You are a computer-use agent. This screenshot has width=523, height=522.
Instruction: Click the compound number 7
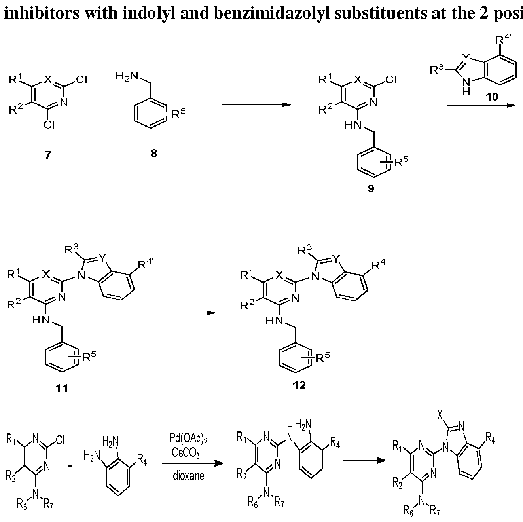(48, 155)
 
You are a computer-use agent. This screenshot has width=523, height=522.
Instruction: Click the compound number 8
(153, 154)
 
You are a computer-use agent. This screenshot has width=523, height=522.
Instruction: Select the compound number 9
(371, 188)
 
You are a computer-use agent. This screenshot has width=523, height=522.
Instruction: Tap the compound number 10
(492, 97)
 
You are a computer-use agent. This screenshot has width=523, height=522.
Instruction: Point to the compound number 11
(62, 388)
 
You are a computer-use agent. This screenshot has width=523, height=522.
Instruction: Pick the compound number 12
(299, 385)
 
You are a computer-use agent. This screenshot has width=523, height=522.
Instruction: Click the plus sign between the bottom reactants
(70, 466)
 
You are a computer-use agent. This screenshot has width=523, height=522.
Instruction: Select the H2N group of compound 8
(127, 76)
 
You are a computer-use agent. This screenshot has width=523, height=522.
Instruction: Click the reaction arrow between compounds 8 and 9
(256, 104)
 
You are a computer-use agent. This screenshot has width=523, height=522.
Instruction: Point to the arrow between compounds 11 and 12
(181, 313)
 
